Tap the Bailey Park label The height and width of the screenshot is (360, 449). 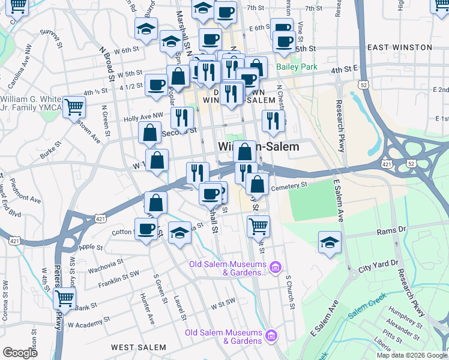(x=297, y=67)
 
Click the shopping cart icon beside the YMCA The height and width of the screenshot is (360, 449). (x=74, y=107)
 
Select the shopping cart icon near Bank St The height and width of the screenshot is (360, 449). (x=64, y=298)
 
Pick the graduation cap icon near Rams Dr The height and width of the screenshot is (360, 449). (x=330, y=242)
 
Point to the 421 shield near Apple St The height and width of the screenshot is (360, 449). (x=14, y=241)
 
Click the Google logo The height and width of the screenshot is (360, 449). (x=20, y=352)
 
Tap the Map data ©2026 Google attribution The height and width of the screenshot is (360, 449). (x=411, y=355)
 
